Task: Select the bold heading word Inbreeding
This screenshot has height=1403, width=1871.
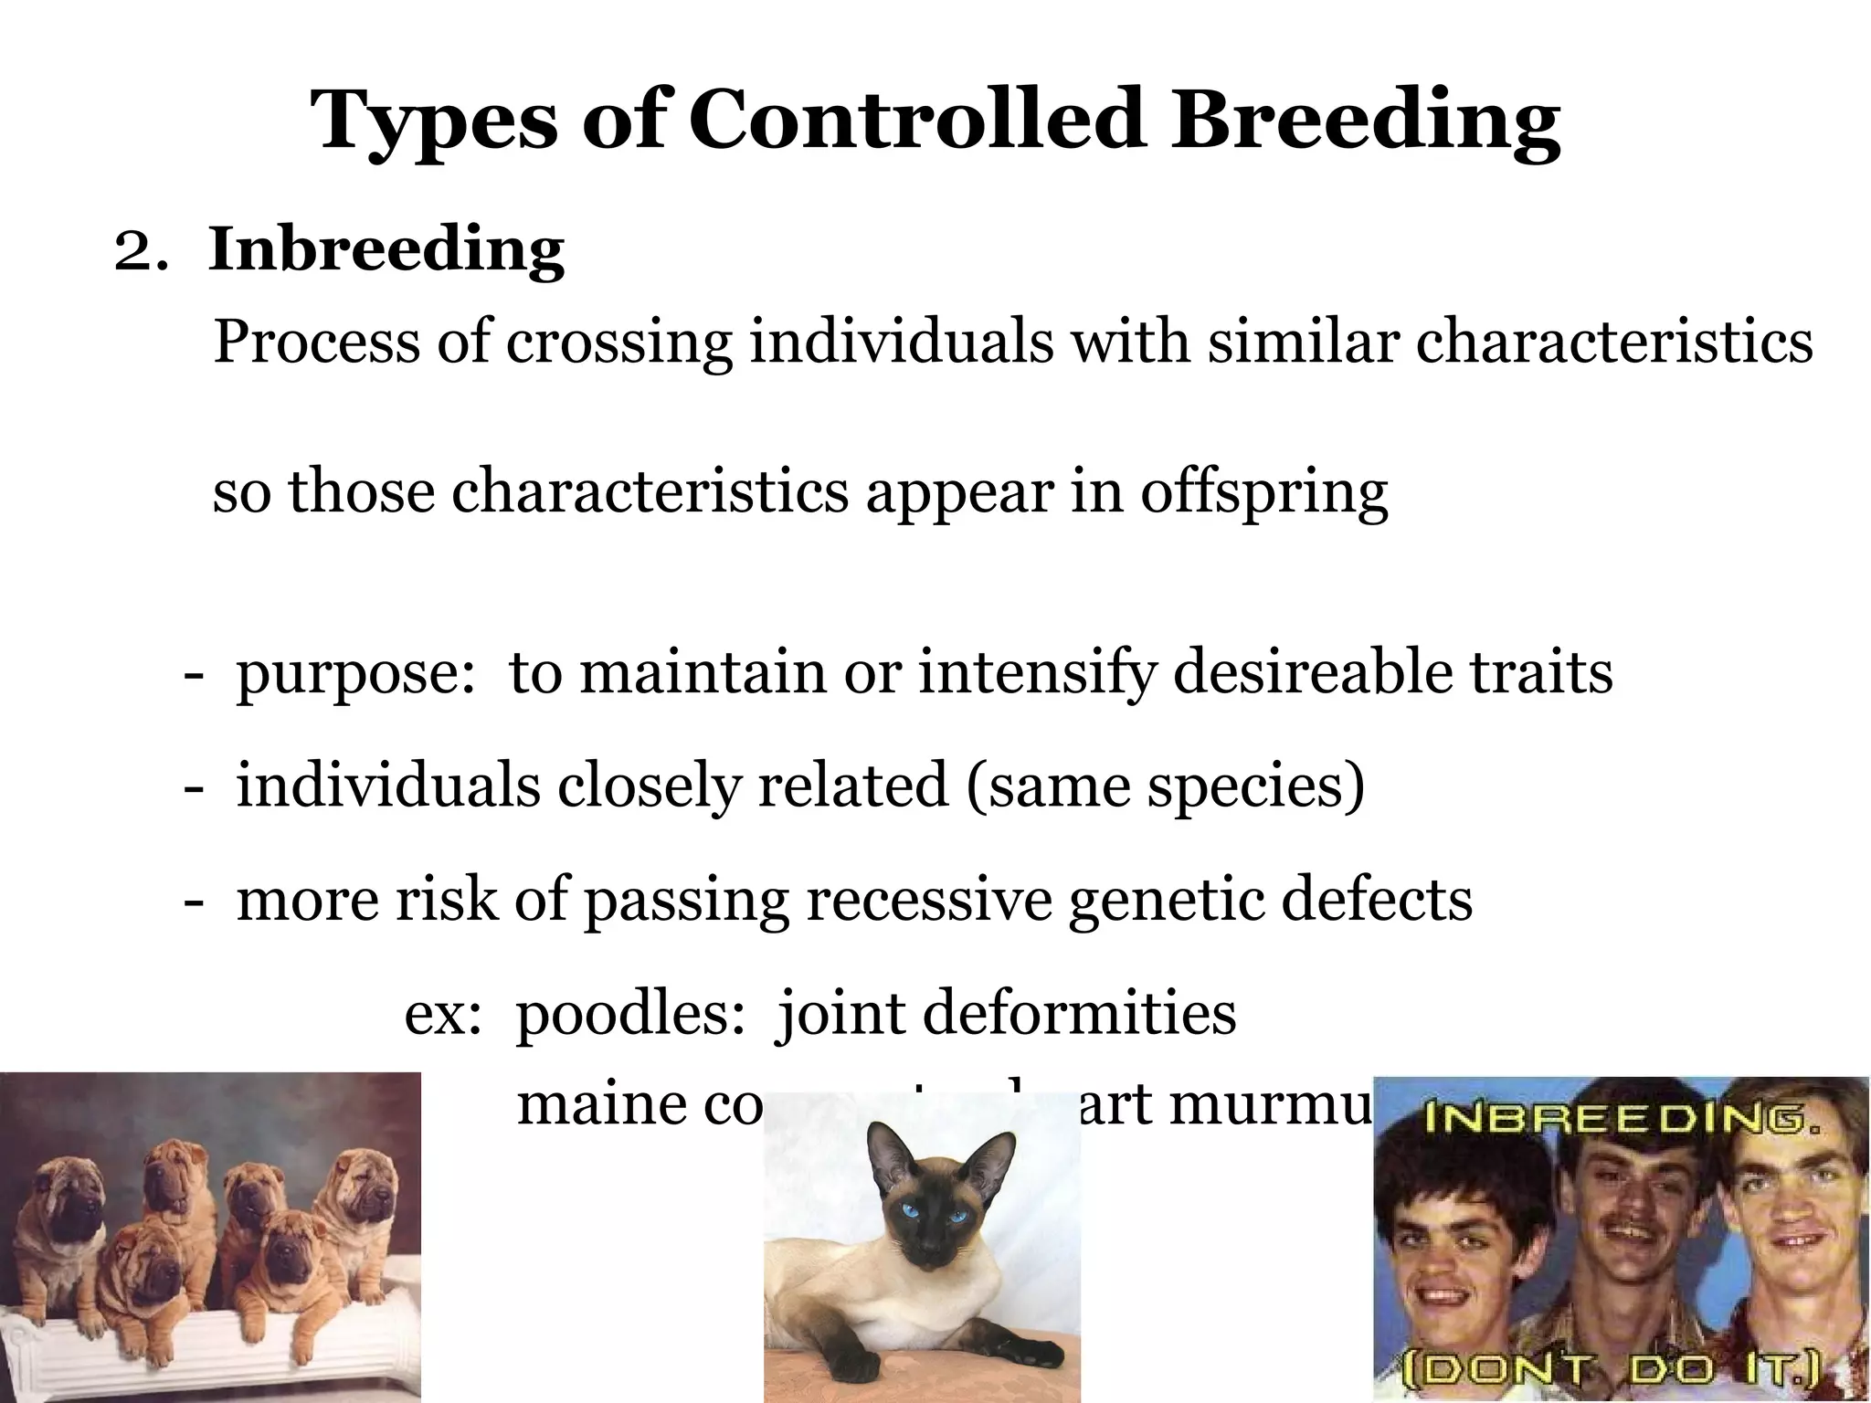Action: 386,248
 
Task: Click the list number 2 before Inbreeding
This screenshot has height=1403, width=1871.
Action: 135,252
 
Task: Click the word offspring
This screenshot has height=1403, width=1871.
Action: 1263,493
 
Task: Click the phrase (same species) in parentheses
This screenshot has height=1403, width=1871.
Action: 1164,786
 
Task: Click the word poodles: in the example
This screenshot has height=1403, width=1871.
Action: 630,1014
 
